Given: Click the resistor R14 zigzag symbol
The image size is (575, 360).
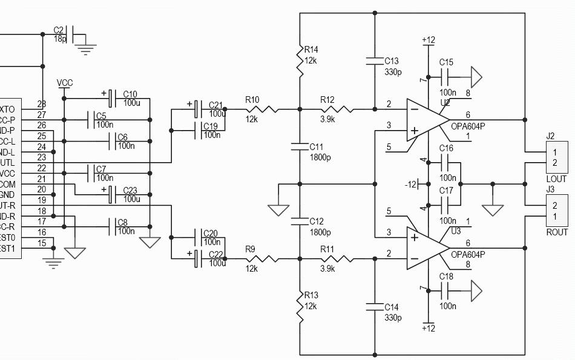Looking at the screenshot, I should coord(300,61).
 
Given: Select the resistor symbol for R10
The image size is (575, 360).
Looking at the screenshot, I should coord(262,110).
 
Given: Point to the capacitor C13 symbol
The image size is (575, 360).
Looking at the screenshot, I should coord(375,61).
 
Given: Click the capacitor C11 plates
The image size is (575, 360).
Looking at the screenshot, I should coord(300,146).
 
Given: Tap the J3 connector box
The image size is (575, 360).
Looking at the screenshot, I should coord(556,211).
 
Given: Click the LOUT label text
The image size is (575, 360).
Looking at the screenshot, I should coord(556,179).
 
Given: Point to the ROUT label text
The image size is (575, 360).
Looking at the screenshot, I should coord(556,232).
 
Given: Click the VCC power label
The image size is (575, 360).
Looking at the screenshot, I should coord(65,82).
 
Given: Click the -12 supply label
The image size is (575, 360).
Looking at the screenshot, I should coord(411,184).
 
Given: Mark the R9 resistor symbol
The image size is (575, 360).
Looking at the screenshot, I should coord(262,259).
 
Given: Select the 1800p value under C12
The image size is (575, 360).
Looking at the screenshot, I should coord(320,232).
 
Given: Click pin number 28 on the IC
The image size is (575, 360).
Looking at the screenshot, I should coord(42,103).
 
